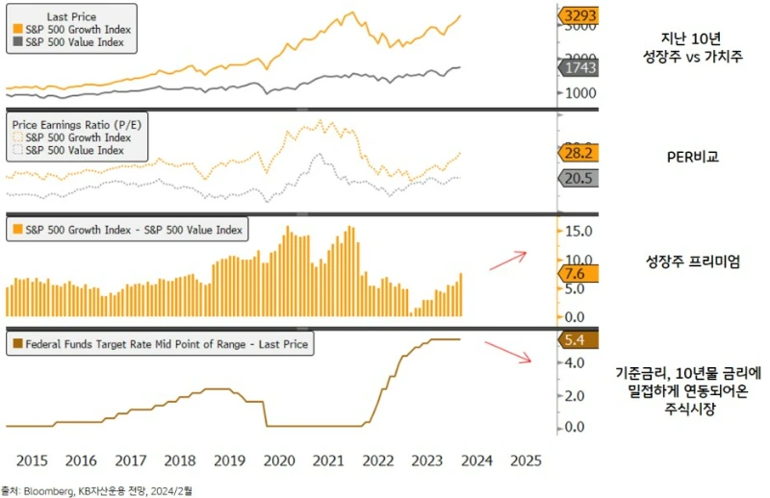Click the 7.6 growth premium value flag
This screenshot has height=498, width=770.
pyautogui.click(x=577, y=274)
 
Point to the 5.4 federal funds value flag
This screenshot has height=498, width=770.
pyautogui.click(x=577, y=340)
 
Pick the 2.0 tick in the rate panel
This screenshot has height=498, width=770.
pyautogui.click(x=573, y=396)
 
